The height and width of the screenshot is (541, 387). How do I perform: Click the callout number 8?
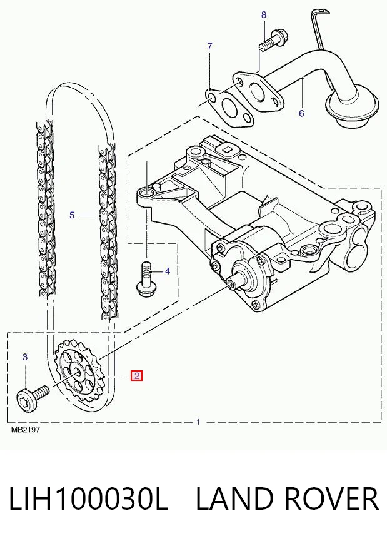pyautogui.click(x=264, y=15)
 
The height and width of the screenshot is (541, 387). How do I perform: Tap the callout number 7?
pyautogui.click(x=209, y=46)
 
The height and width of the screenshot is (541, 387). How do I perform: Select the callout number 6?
pyautogui.click(x=301, y=113)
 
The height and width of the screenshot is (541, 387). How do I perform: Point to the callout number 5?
pyautogui.click(x=72, y=215)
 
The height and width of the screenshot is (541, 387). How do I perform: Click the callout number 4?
pyautogui.click(x=168, y=271)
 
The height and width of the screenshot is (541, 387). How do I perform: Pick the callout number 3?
pyautogui.click(x=25, y=357)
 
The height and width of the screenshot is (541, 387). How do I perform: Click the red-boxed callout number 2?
pyautogui.click(x=136, y=376)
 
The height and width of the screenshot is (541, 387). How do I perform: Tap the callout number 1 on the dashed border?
pyautogui.click(x=198, y=422)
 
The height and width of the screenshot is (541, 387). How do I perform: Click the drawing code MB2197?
pyautogui.click(x=26, y=430)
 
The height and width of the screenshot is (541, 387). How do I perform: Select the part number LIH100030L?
pyautogui.click(x=88, y=498)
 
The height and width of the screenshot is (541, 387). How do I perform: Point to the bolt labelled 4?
pyautogui.click(x=146, y=279)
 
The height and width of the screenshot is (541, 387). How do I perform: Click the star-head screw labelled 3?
pyautogui.click(x=33, y=397)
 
